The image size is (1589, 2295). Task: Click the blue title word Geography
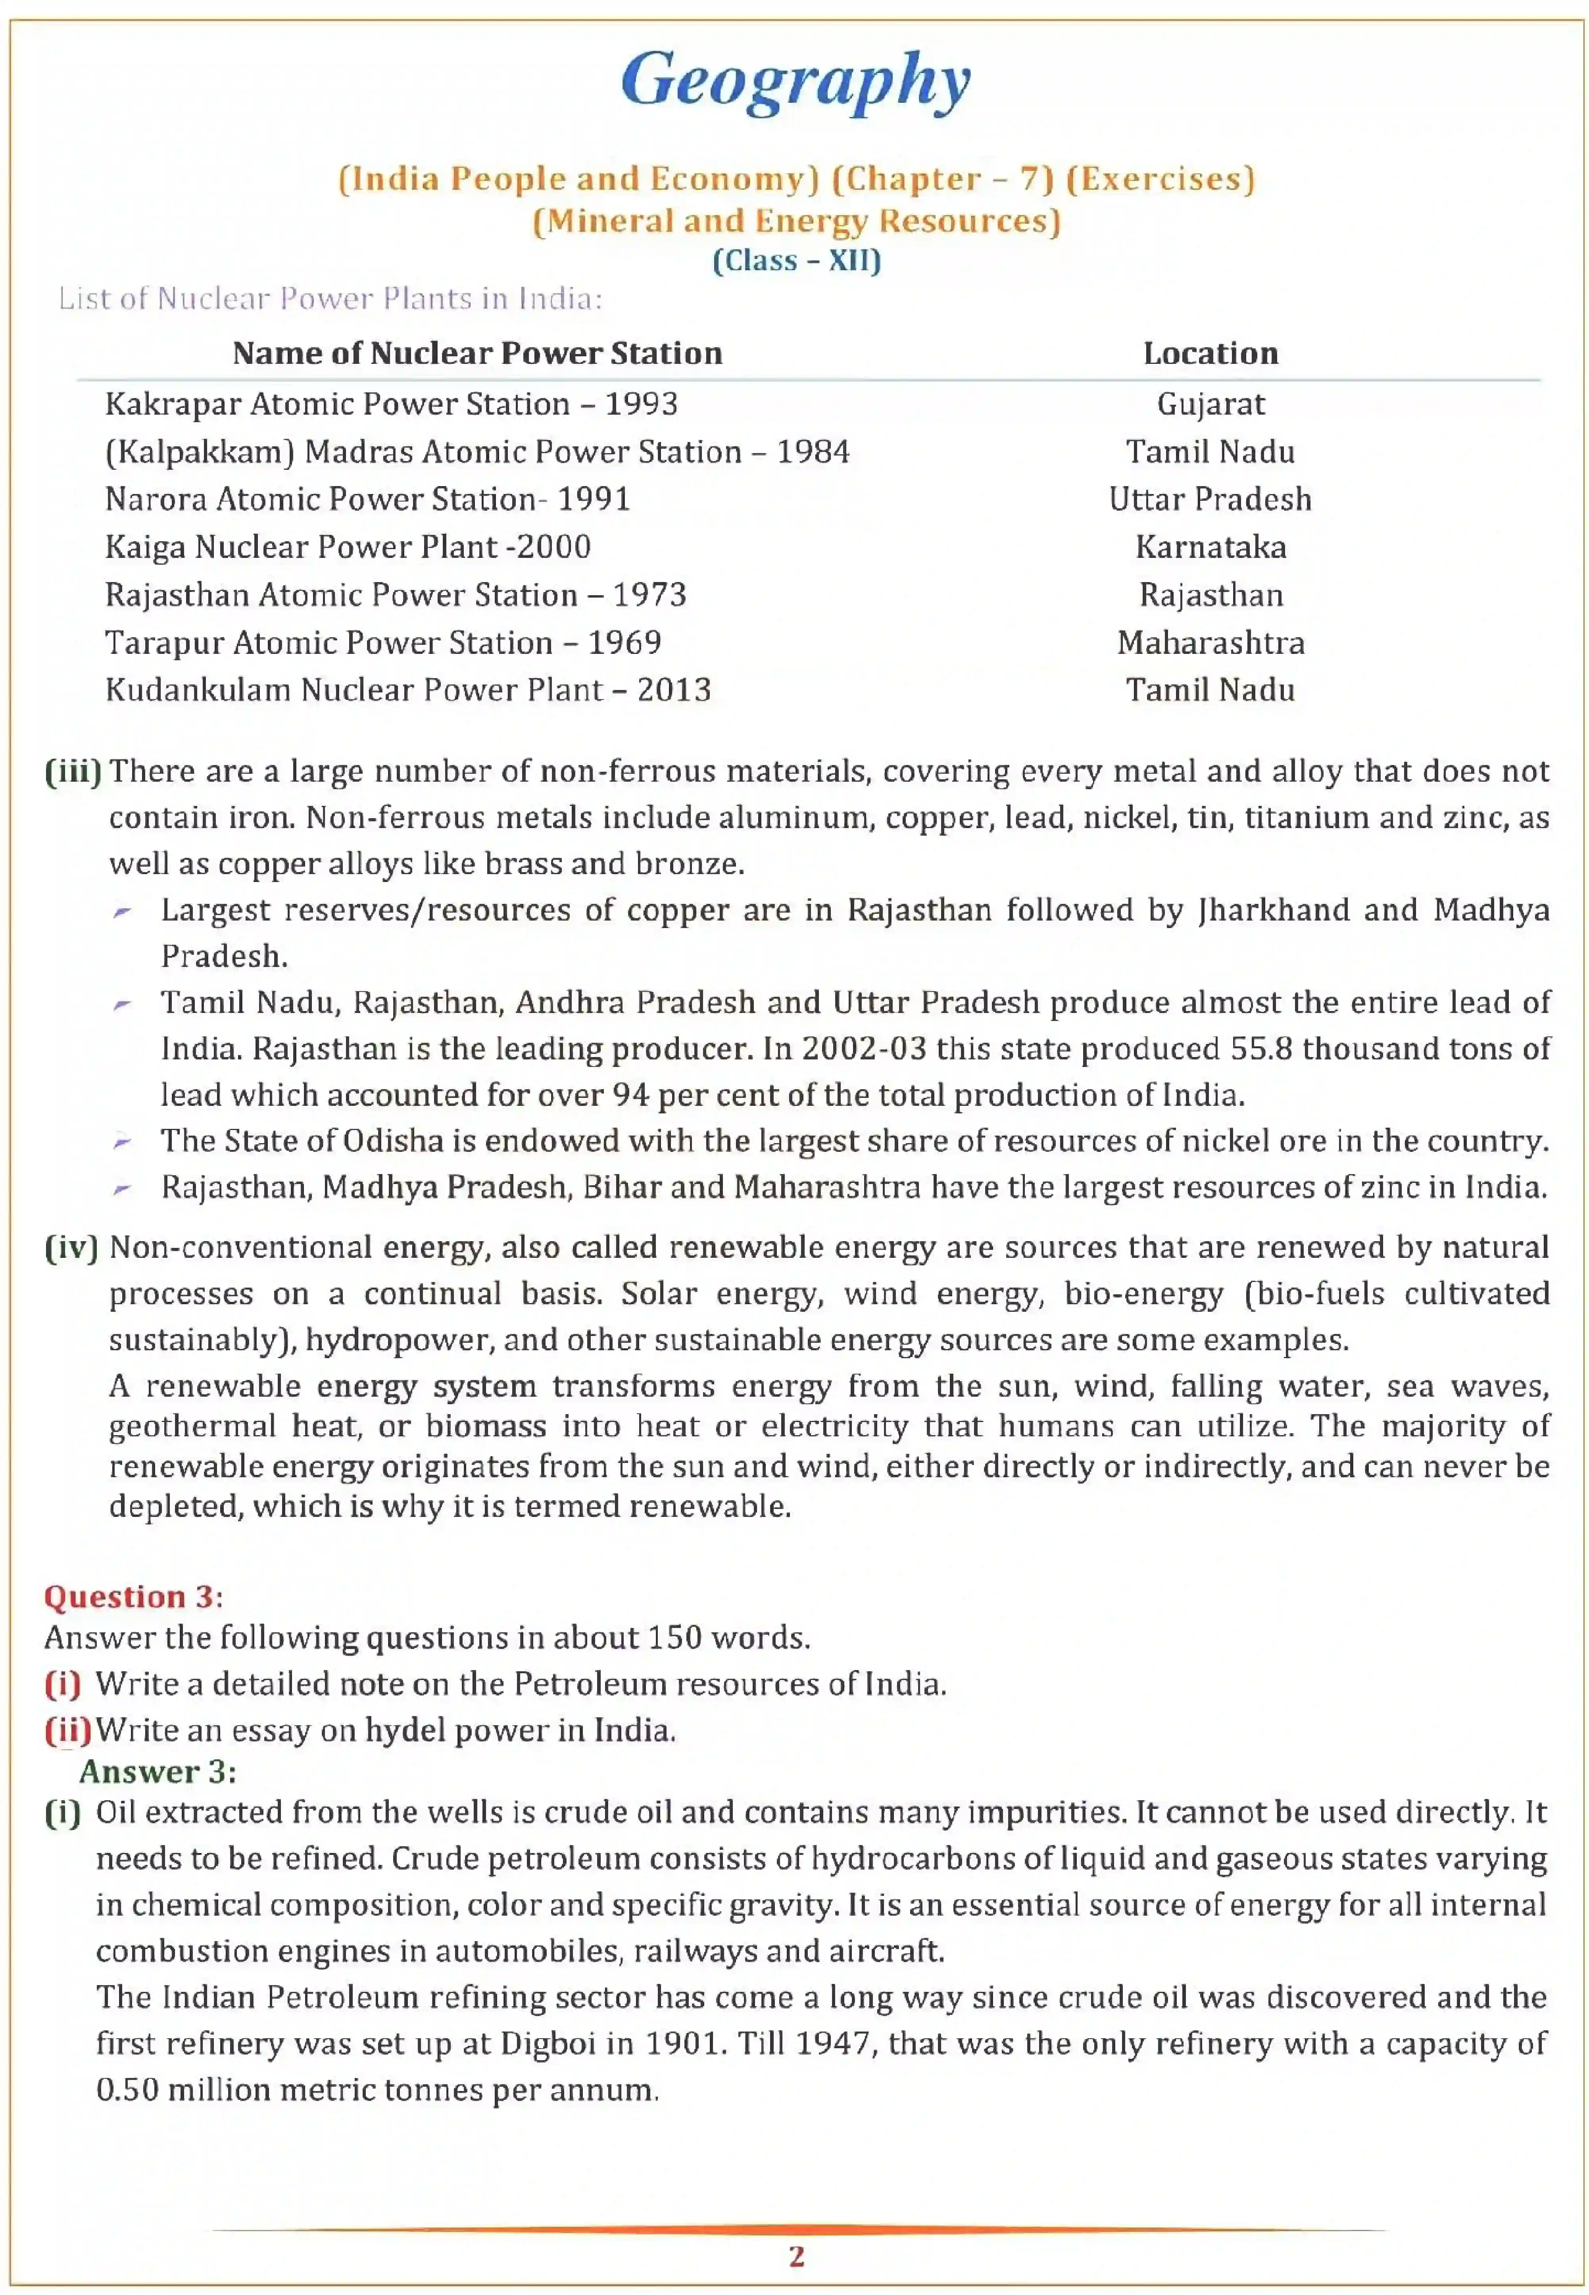coord(795,82)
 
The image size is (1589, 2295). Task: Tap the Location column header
coord(1210,354)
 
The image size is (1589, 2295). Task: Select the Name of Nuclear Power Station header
coord(477,354)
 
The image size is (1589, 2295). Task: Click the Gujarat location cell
coord(1210,404)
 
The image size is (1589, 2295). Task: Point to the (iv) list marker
coord(72,1247)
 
